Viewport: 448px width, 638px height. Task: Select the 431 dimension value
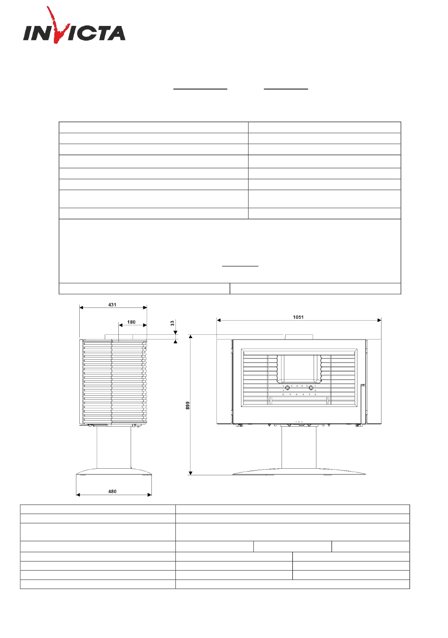(112, 305)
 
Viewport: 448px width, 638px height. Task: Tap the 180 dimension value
(132, 322)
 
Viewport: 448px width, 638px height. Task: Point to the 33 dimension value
(173, 323)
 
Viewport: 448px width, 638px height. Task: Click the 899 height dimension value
(188, 405)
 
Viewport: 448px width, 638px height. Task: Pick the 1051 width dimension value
(298, 317)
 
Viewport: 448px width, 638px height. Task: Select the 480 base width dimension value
(113, 491)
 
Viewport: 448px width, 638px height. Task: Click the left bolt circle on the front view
(287, 388)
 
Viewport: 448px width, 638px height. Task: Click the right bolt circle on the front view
(311, 388)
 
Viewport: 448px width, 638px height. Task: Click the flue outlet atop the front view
(299, 337)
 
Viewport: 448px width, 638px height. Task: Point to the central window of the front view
(299, 368)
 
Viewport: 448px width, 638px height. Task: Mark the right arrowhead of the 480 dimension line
(149, 495)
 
